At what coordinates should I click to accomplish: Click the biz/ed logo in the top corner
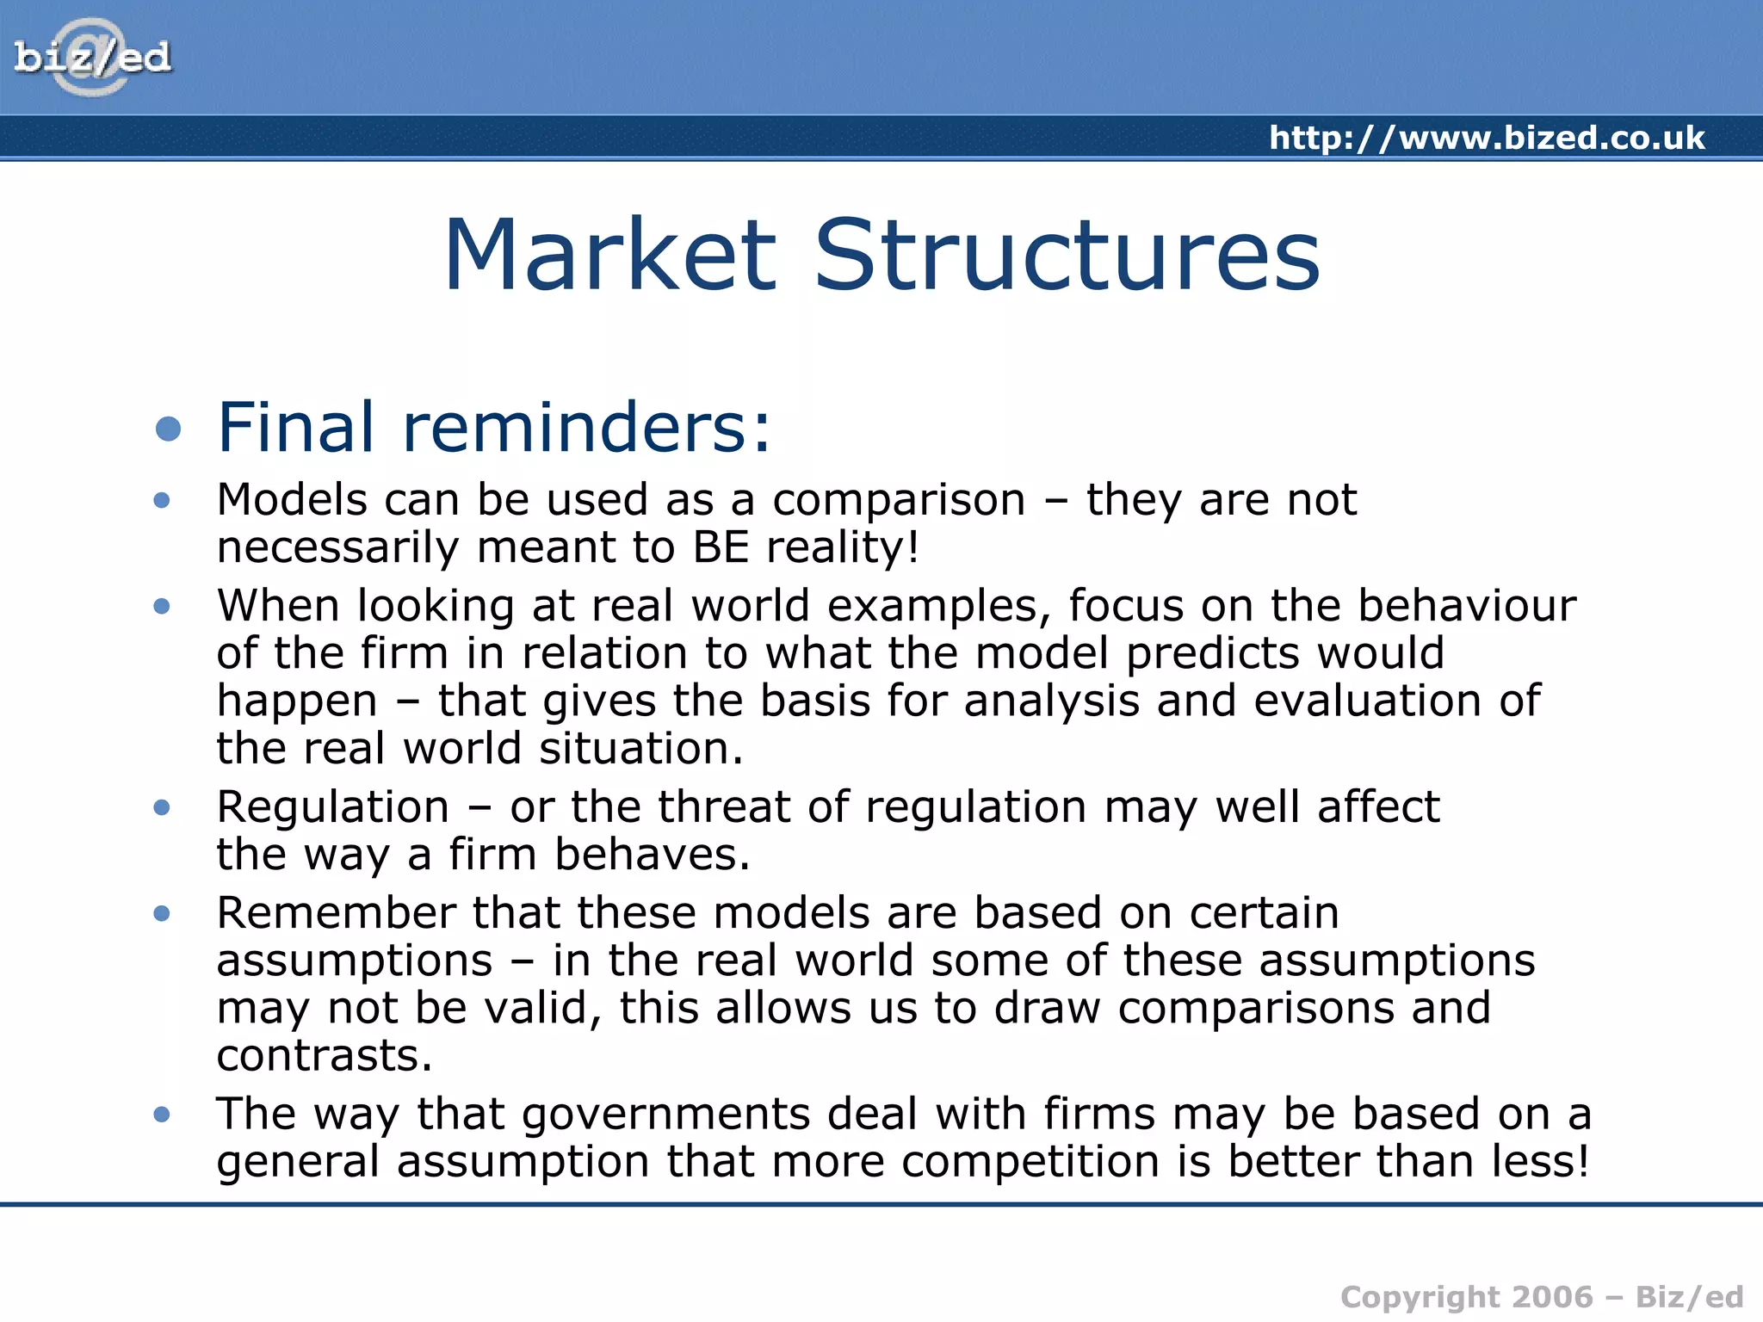(x=93, y=57)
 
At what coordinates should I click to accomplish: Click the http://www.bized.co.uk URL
(x=1487, y=138)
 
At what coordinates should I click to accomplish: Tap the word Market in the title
(x=610, y=256)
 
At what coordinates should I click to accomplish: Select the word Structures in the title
(x=1067, y=256)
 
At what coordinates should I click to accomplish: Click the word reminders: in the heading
(x=587, y=427)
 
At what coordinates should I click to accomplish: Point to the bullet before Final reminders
(x=169, y=429)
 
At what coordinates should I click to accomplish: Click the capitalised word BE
(x=721, y=547)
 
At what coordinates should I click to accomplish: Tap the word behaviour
(x=1467, y=605)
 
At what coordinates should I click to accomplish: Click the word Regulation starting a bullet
(x=333, y=807)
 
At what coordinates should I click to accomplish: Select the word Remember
(x=337, y=912)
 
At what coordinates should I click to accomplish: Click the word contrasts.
(x=324, y=1055)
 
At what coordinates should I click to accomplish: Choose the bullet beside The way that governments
(x=162, y=1115)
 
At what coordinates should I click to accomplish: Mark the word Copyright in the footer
(x=1420, y=1298)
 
